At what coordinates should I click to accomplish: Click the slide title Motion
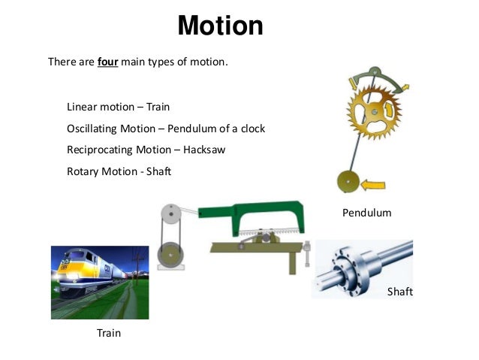pos(220,26)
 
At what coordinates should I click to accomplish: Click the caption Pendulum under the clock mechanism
pos(367,213)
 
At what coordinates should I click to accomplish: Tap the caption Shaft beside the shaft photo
pos(399,292)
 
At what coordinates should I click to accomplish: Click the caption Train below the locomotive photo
pos(109,332)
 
